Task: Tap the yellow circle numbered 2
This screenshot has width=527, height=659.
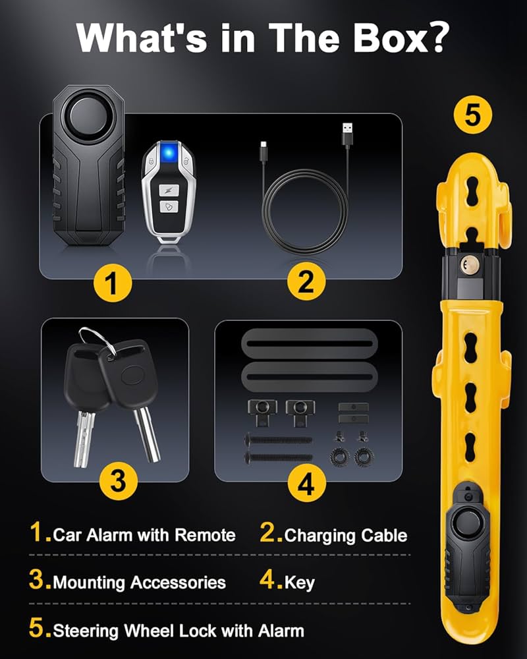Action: pyautogui.click(x=306, y=284)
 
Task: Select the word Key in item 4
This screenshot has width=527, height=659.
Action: pyautogui.click(x=300, y=582)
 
